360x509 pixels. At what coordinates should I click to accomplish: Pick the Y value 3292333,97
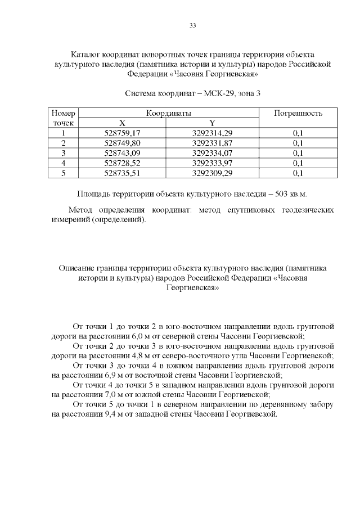[x=212, y=163]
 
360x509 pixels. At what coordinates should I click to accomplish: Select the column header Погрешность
[x=298, y=113]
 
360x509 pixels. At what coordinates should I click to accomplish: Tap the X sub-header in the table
[x=122, y=123]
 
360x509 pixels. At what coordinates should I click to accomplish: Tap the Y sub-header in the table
[x=212, y=123]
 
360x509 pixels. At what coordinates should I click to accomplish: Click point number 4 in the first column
[x=63, y=163]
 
